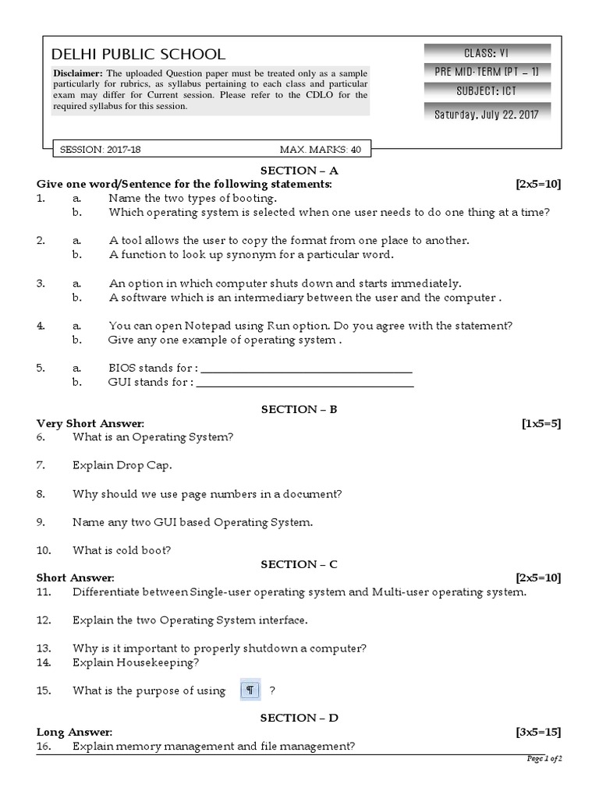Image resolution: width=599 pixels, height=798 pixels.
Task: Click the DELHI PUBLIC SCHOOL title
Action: (x=138, y=55)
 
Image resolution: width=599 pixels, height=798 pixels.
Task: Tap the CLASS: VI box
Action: (x=487, y=53)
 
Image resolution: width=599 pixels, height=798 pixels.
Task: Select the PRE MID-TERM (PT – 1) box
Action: (x=487, y=72)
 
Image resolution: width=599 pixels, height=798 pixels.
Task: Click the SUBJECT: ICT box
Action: (x=487, y=91)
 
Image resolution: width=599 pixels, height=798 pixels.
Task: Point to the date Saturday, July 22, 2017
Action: (x=487, y=114)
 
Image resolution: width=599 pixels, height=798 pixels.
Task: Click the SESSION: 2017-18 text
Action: (x=93, y=149)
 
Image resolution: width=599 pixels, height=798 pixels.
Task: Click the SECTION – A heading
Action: (x=299, y=170)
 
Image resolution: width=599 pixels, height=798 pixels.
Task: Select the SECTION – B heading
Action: (x=299, y=409)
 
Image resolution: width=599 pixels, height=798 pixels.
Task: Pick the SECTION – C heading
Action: (x=299, y=563)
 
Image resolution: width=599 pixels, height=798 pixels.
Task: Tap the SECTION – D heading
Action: (x=299, y=718)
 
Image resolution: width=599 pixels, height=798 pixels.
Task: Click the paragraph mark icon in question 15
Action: (x=250, y=690)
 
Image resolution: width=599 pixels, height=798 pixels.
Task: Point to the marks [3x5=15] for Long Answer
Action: (x=538, y=733)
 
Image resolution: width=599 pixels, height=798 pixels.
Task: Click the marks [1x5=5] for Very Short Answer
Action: (x=541, y=423)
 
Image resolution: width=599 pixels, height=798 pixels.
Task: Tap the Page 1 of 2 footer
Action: (x=544, y=758)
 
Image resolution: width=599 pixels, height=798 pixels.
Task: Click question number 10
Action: (x=44, y=550)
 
